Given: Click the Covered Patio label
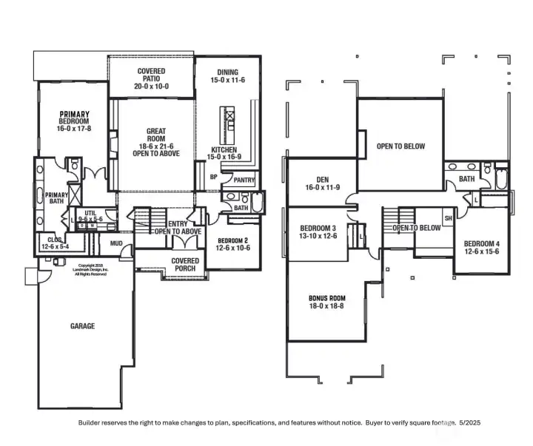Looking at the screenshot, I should pyautogui.click(x=151, y=78).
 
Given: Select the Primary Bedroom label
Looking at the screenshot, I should pyautogui.click(x=74, y=122).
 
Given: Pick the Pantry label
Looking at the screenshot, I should pyautogui.click(x=244, y=180).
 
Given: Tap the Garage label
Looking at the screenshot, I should pyautogui.click(x=82, y=325).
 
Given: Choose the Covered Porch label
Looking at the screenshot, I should pyautogui.click(x=185, y=265).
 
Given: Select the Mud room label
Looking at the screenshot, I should pyautogui.click(x=116, y=243).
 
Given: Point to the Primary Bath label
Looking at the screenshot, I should pyautogui.click(x=57, y=200).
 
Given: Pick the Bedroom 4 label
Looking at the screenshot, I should pyautogui.click(x=482, y=249).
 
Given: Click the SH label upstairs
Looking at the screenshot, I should pyautogui.click(x=447, y=219).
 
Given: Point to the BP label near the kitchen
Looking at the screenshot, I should pyautogui.click(x=213, y=178).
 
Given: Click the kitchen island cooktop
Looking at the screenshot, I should pyautogui.click(x=229, y=115).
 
